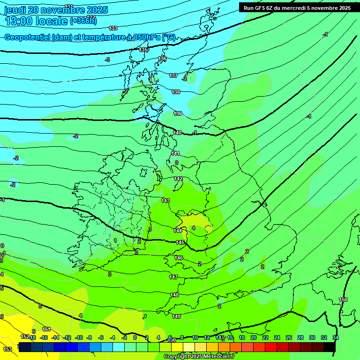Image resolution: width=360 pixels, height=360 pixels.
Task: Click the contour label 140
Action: click(x=177, y=133)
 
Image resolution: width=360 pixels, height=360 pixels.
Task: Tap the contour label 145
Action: click(x=180, y=242)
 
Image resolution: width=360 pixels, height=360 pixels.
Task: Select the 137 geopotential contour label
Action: click(x=173, y=75)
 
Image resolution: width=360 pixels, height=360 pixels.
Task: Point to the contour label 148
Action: click(x=174, y=295)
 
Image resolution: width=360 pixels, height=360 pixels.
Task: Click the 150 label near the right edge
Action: click(x=343, y=300)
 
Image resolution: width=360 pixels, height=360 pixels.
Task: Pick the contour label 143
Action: click(x=165, y=201)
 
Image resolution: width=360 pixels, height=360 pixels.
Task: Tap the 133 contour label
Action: click(x=113, y=28)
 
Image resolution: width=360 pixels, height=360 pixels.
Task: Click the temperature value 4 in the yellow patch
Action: click(x=194, y=228)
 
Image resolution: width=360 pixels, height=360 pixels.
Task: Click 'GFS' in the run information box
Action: click(x=263, y=8)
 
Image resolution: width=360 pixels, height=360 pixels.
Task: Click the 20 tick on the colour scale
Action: click(x=254, y=337)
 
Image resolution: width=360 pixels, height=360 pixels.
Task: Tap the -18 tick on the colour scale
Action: click(x=32, y=337)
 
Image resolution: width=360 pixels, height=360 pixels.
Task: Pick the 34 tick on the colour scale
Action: click(x=336, y=337)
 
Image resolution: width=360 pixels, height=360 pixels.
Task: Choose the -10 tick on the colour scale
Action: click(x=79, y=337)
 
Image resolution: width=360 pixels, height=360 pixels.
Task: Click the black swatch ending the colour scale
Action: click(x=329, y=347)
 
